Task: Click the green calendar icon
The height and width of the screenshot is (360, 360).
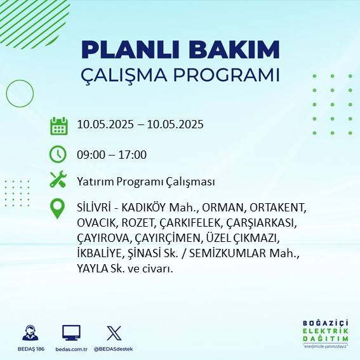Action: coord(58,125)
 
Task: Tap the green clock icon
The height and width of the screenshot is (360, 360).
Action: coord(58,154)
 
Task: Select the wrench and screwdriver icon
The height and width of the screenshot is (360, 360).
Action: coord(58,180)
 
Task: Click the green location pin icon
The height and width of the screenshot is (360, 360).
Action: coord(58,209)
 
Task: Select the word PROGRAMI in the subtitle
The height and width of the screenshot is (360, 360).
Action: coord(225,74)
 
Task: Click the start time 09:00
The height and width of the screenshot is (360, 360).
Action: coord(90,154)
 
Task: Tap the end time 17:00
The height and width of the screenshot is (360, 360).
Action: coord(133,154)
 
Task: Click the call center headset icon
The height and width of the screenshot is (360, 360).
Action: coord(30,333)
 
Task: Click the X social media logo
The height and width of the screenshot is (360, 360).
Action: coord(114,333)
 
